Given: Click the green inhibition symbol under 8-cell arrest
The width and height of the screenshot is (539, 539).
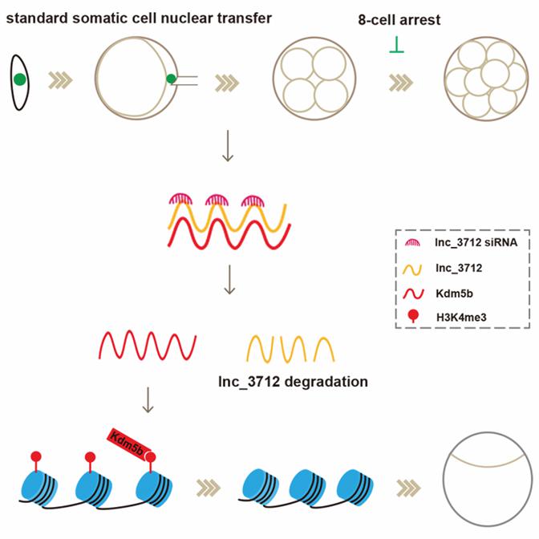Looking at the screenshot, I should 396,51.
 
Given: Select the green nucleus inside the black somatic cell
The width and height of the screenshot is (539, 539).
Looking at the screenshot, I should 20,79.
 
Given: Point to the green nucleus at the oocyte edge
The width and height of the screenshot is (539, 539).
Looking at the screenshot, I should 172,79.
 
